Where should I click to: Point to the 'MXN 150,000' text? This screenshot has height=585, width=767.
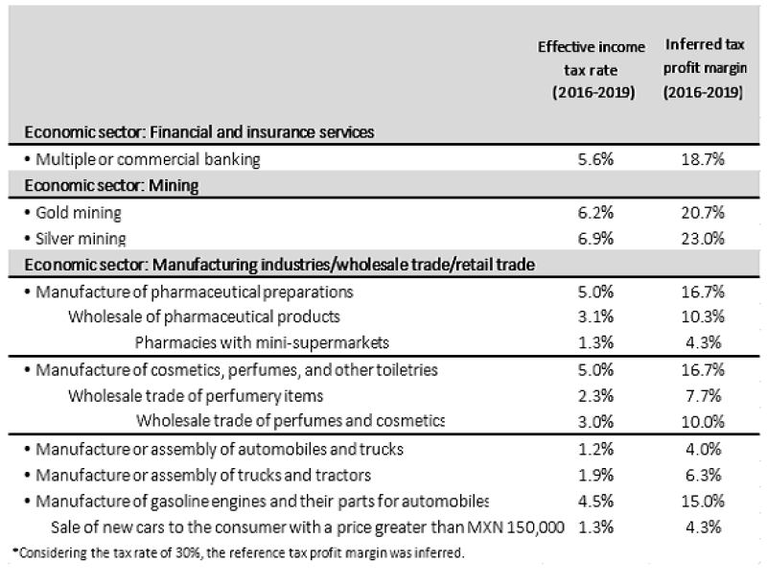point(523,526)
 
